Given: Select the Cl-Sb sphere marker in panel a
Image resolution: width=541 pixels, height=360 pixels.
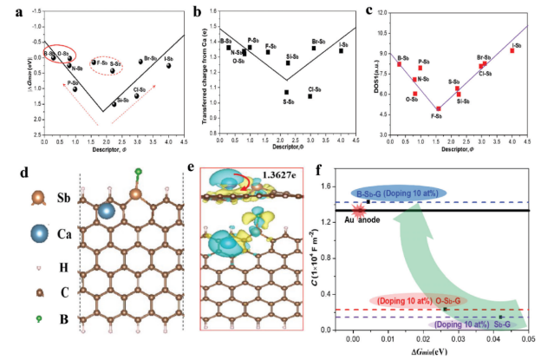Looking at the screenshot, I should tap(137, 95).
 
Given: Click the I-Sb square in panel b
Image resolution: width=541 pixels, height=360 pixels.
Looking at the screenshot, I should tap(342, 50).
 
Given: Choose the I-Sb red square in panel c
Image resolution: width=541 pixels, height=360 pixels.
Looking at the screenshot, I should tap(512, 50).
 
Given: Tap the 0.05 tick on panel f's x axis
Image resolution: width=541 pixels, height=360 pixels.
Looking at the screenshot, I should tap(527, 341).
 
